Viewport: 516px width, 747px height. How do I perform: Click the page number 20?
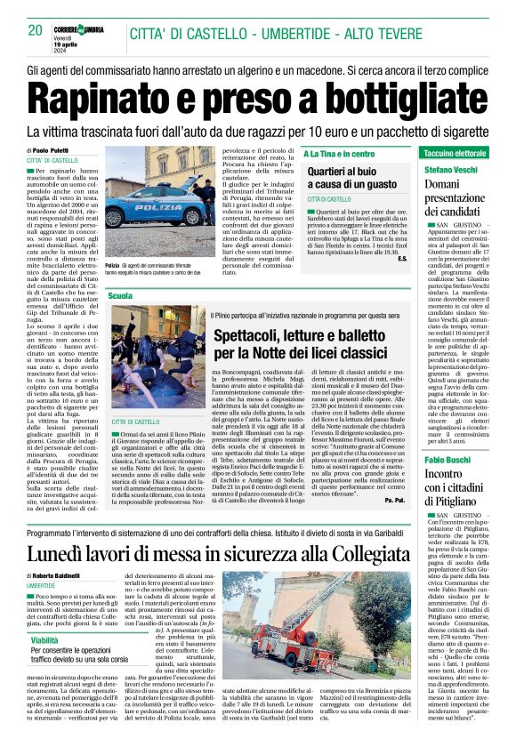pos(36,30)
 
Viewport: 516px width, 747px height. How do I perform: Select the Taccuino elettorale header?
pos(456,153)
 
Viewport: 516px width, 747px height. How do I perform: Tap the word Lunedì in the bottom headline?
pos(62,555)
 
